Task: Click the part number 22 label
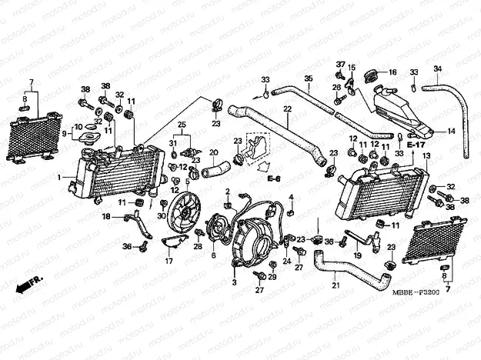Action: (287, 109)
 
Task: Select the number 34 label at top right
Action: (437, 69)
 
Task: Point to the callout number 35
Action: (307, 78)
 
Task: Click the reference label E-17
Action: (417, 145)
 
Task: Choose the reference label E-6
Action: (274, 178)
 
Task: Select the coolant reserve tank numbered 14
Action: (400, 108)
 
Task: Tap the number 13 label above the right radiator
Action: (424, 155)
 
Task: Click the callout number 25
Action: (182, 125)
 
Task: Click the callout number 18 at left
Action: (107, 218)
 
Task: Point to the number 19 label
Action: (358, 255)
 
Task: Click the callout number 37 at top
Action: (340, 63)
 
